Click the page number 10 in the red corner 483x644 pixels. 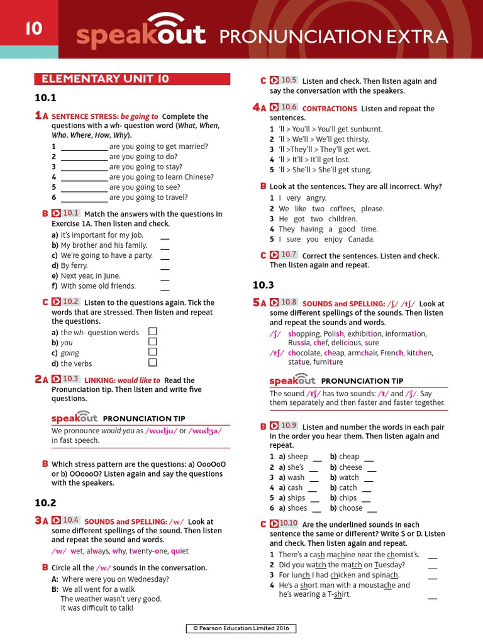[33, 28]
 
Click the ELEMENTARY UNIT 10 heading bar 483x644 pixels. [132, 79]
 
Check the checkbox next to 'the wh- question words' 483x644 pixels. [152, 331]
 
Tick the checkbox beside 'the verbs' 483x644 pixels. [152, 362]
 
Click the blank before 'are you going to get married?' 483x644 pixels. [84, 147]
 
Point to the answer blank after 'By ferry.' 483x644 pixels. [165, 267]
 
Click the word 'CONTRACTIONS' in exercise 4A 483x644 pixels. [330, 109]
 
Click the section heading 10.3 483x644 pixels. [264, 285]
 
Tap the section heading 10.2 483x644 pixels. [45, 502]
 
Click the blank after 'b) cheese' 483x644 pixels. [372, 469]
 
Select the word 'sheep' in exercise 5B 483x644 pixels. [297, 457]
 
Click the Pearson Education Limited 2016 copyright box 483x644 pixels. [241, 628]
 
